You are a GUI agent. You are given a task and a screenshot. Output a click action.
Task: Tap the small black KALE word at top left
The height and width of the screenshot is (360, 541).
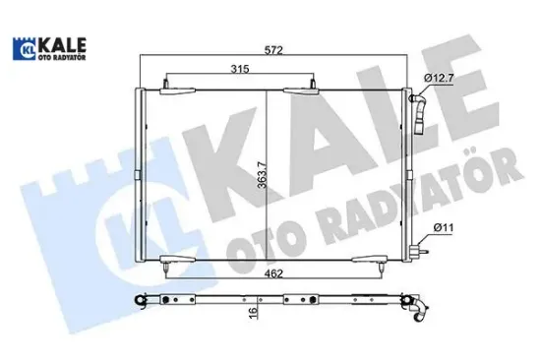(x=62, y=42)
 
